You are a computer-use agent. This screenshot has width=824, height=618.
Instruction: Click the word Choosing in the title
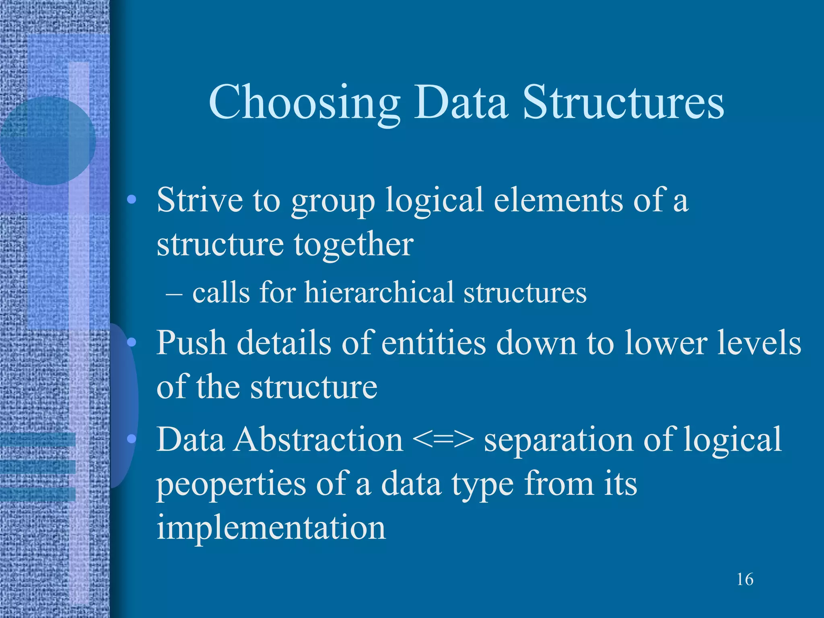coord(304,104)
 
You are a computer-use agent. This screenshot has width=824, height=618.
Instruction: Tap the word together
coord(353,245)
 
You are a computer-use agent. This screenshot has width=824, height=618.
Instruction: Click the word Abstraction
coord(319,439)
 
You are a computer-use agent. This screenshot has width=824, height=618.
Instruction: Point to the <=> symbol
coord(443,440)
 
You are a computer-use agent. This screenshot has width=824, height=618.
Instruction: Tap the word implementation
coord(271,528)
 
